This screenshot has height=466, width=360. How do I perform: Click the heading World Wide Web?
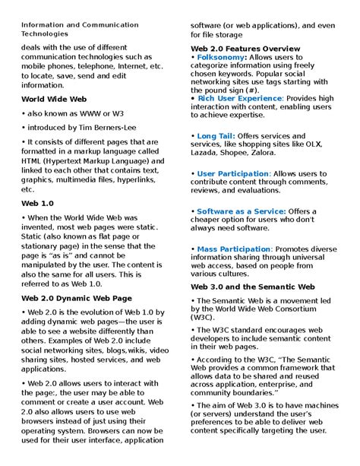pyautogui.click(x=54, y=99)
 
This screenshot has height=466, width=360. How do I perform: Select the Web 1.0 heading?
pyautogui.click(x=37, y=204)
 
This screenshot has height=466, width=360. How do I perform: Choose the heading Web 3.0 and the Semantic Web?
pyautogui.click(x=251, y=287)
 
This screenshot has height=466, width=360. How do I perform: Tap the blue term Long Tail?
pyautogui.click(x=215, y=135)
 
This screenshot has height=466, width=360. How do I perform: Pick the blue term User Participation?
pyautogui.click(x=232, y=173)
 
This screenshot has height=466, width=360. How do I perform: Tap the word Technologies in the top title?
pyautogui.click(x=45, y=34)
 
